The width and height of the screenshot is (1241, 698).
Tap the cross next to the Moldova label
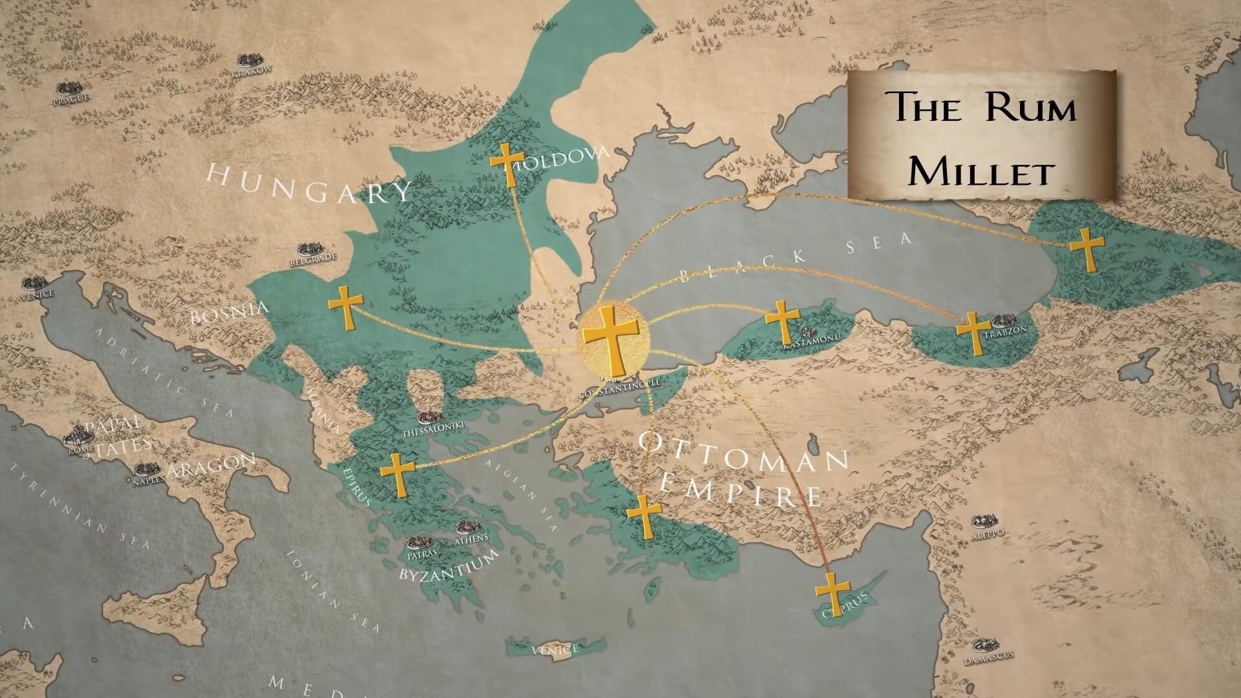pos(507,165)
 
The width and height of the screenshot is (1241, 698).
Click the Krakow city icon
pos(249,60)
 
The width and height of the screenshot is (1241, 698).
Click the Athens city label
pos(472,538)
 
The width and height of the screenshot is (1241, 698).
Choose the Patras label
pos(422,554)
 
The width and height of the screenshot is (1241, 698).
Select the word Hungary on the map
pos(309,184)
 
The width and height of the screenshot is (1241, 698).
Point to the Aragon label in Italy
pos(211,467)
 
